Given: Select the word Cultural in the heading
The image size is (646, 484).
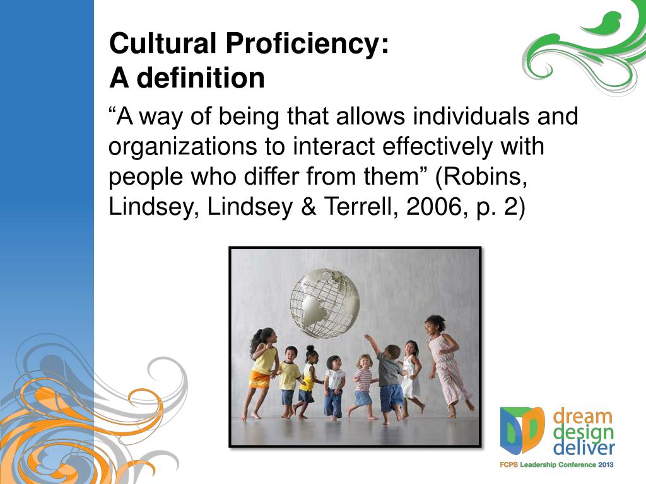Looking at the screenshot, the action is pyautogui.click(x=163, y=43).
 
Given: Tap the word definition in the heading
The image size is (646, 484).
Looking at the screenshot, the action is pyautogui.click(x=200, y=78).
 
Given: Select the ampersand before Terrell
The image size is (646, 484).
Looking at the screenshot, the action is pyautogui.click(x=308, y=206).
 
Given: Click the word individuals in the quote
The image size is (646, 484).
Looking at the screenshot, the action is pyautogui.click(x=471, y=116).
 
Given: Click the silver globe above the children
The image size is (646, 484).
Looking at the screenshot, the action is pyautogui.click(x=325, y=303).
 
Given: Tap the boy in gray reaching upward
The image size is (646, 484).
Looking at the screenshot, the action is pyautogui.click(x=386, y=379).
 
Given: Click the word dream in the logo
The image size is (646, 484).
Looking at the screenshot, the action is pyautogui.click(x=582, y=417).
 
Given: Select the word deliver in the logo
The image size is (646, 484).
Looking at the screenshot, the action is pyautogui.click(x=584, y=448).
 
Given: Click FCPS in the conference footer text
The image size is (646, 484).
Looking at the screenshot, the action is pyautogui.click(x=509, y=464).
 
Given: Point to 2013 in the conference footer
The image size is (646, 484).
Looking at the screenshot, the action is pyautogui.click(x=605, y=464).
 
